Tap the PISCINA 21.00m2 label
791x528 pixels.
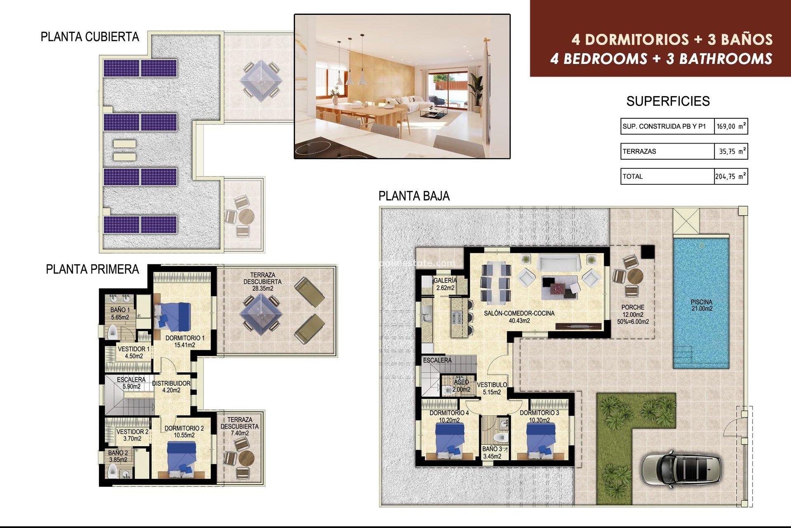[701, 305]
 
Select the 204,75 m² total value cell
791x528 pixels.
[730, 177]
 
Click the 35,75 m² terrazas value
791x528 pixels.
[730, 151]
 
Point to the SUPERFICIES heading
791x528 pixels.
[668, 101]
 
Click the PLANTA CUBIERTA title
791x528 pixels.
[90, 37]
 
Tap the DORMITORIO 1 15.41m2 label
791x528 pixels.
[185, 342]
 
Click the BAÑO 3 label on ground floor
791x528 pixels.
[492, 453]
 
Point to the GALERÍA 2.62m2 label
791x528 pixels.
[445, 284]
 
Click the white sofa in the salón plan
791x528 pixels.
[559, 262]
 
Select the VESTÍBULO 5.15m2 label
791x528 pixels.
[492, 388]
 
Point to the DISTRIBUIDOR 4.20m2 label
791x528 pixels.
[171, 387]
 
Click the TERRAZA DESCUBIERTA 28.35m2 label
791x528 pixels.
[262, 282]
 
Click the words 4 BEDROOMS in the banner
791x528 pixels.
[599, 59]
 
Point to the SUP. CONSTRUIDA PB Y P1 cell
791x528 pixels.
[664, 127]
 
